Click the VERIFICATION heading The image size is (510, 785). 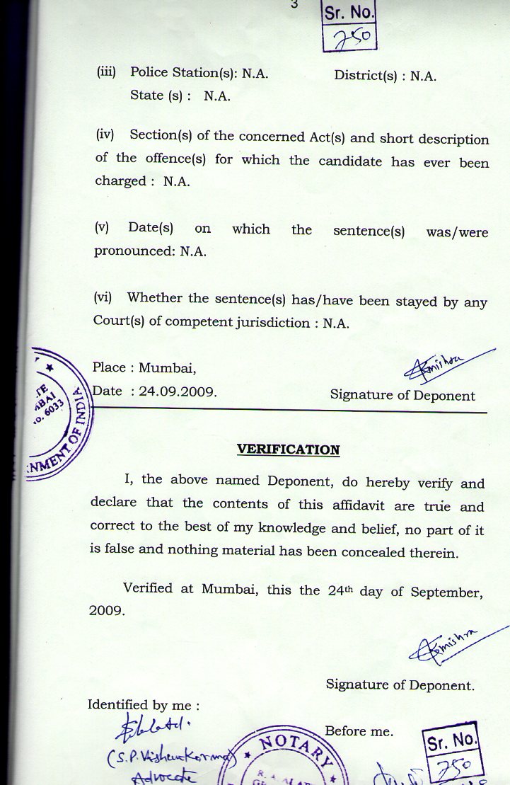tap(288, 449)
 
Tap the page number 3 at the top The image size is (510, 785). tap(294, 4)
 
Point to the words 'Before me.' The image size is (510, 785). tap(359, 730)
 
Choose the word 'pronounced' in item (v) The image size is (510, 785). tap(132, 251)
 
